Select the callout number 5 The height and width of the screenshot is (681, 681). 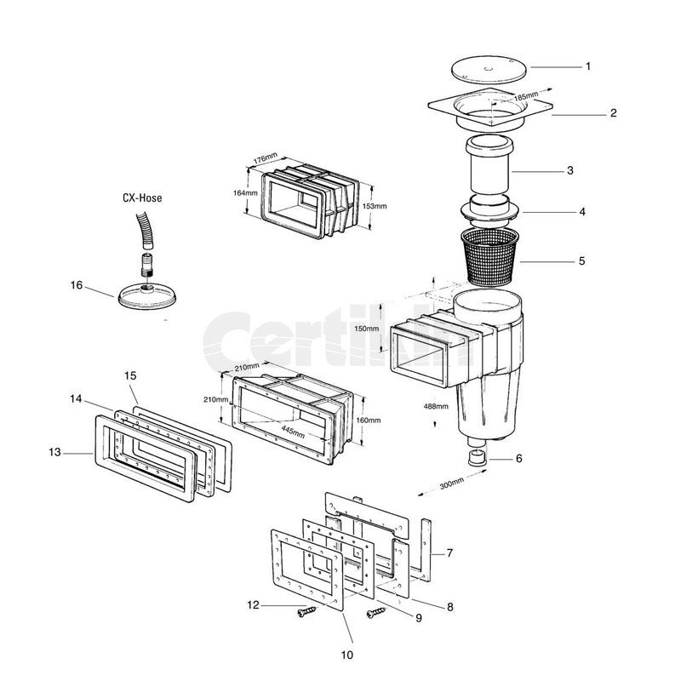point(581,260)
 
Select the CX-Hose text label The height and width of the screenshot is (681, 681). point(140,197)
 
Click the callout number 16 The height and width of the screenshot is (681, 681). point(77,285)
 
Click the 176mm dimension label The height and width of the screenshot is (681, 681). point(266,160)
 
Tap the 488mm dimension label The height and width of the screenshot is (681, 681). point(435,406)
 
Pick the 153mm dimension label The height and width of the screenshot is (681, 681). point(375,206)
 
